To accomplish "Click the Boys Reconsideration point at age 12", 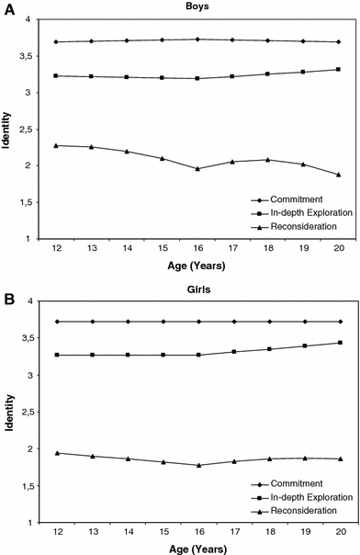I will pyautogui.click(x=57, y=145).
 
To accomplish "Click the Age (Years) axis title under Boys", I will pyautogui.click(x=197, y=267).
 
